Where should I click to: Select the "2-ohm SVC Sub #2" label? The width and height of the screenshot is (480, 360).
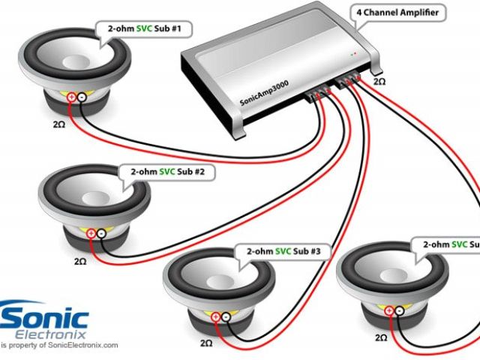pos(167,172)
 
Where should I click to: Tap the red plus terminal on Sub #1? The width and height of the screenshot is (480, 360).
pos(71,97)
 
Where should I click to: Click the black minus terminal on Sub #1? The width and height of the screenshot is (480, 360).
pos(82,97)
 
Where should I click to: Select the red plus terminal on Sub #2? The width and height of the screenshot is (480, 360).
pos(91,234)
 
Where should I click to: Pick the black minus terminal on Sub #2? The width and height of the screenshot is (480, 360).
pos(101,234)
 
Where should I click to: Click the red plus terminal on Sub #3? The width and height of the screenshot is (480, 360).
pos(217,317)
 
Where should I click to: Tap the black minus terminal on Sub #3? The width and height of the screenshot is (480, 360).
pos(228,317)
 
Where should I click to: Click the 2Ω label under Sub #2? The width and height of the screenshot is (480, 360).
pos(80,262)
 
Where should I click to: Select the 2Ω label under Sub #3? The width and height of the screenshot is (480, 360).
pos(206,343)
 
